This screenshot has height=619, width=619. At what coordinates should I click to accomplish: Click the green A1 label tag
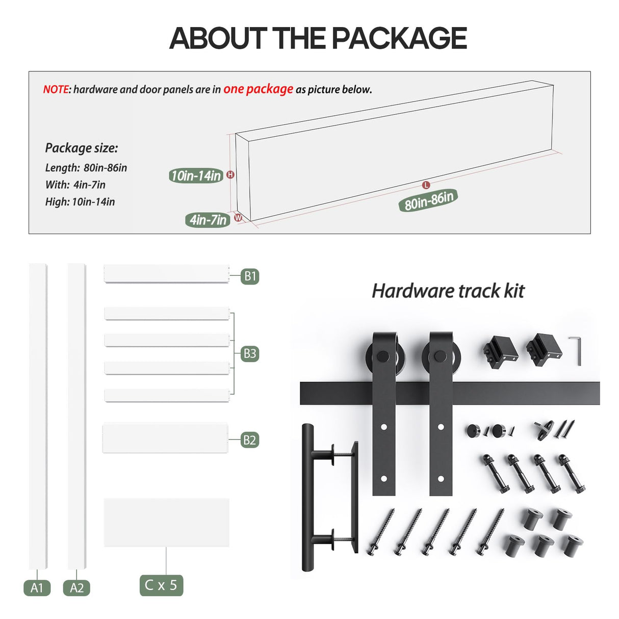(37, 588)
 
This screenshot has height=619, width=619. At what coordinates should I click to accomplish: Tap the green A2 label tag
(76, 588)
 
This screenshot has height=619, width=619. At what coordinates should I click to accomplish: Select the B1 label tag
(250, 276)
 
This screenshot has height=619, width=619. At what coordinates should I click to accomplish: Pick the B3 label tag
(250, 353)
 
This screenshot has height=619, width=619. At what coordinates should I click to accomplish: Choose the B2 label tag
(250, 440)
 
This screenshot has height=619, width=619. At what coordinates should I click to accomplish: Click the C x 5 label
(161, 585)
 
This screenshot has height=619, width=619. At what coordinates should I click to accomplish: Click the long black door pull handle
(308, 497)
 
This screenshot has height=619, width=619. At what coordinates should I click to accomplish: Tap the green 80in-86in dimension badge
(428, 200)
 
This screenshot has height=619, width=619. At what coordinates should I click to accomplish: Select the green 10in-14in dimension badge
(196, 176)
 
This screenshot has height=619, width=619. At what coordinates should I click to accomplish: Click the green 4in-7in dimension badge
(208, 220)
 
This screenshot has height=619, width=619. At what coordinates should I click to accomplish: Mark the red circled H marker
(230, 175)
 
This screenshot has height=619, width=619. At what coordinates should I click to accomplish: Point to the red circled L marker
(426, 185)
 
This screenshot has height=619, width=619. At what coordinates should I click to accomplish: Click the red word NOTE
(56, 90)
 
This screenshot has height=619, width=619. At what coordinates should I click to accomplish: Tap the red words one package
(258, 89)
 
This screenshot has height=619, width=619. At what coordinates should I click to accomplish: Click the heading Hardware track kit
(448, 291)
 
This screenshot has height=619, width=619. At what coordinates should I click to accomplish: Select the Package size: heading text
(82, 148)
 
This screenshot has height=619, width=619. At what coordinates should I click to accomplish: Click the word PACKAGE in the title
(399, 38)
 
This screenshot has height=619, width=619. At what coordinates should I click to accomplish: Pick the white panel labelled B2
(165, 438)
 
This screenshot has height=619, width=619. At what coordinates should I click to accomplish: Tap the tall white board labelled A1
(38, 416)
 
